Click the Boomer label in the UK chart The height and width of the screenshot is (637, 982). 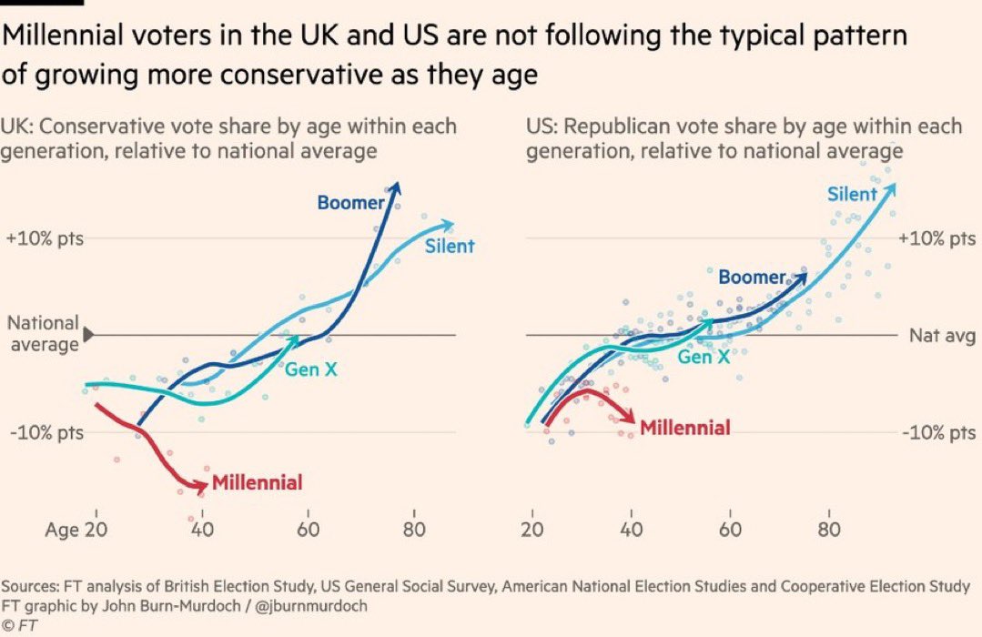[350, 202]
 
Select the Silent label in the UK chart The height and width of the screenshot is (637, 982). [450, 246]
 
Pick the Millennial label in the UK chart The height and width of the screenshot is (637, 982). [257, 482]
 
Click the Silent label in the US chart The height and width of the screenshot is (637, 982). [852, 193]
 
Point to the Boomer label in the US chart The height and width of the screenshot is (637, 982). [751, 277]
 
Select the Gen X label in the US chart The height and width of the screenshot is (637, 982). [704, 357]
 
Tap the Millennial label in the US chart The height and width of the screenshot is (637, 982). [685, 428]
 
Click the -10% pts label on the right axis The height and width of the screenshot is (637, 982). [937, 432]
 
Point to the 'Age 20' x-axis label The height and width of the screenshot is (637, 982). [77, 531]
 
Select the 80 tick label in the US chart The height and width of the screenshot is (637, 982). [829, 529]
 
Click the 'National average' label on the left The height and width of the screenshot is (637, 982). [43, 334]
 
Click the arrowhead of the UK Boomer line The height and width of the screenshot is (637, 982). [397, 186]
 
